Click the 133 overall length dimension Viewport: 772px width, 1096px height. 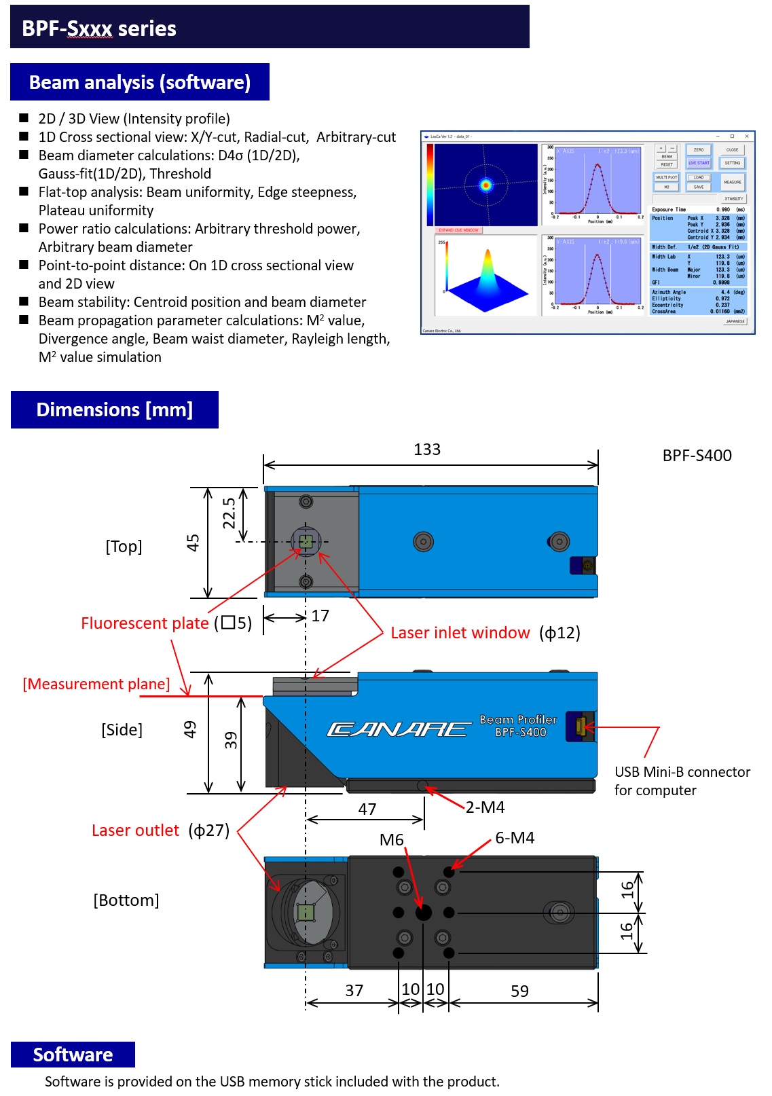[x=427, y=450]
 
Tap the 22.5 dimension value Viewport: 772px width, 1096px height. [x=229, y=513]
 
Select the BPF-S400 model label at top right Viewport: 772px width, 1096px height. [x=697, y=456]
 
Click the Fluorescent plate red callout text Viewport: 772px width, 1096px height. [x=145, y=623]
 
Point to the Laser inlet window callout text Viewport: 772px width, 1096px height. [x=460, y=633]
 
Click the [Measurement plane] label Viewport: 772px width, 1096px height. [x=96, y=684]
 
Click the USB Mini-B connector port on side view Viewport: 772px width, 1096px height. [x=581, y=726]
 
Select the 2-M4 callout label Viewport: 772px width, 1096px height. [x=485, y=807]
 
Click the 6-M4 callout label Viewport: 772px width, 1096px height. [x=515, y=838]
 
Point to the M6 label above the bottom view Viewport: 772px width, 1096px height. [x=392, y=840]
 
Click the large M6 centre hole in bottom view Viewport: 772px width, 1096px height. [x=423, y=913]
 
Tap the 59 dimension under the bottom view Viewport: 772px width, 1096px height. [x=519, y=991]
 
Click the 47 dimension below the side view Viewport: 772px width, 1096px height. [x=367, y=809]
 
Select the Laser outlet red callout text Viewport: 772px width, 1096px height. [x=135, y=830]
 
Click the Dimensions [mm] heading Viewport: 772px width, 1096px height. [x=115, y=409]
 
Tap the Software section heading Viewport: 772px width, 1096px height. [x=73, y=1055]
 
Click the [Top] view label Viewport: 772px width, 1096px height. [x=124, y=547]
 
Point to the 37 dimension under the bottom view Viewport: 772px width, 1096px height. [x=354, y=991]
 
